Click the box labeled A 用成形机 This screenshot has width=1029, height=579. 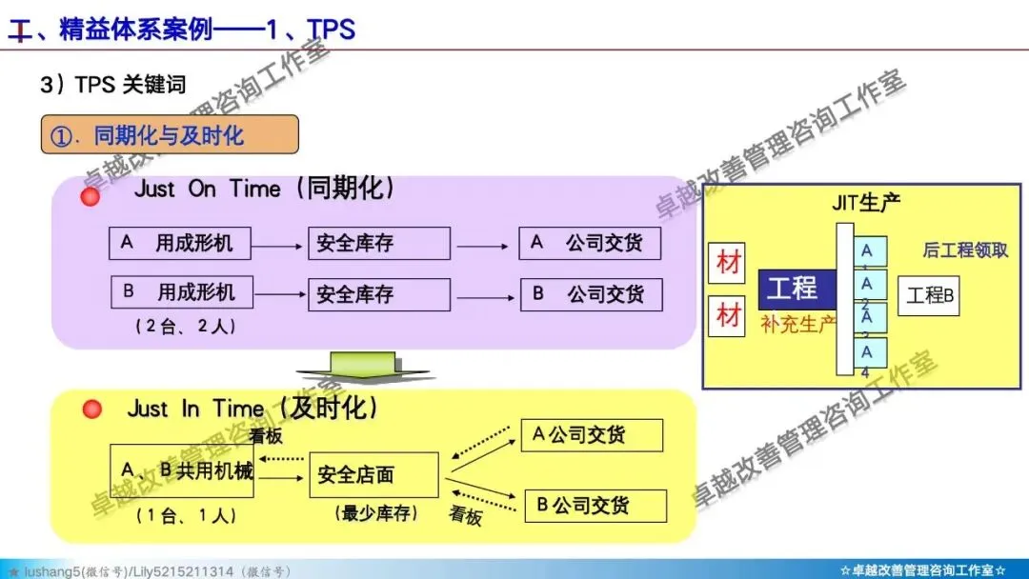(180, 244)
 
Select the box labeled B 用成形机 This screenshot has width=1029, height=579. (182, 292)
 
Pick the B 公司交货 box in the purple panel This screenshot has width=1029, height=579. (591, 294)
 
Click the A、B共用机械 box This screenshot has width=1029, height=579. (182, 470)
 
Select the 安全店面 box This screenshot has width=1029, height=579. (373, 474)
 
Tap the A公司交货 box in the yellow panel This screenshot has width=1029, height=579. (591, 436)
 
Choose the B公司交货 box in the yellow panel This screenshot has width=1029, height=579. (595, 506)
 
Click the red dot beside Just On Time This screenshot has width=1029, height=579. (91, 197)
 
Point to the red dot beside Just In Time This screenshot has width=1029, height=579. (91, 409)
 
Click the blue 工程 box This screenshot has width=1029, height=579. (797, 289)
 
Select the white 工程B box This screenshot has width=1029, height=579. (929, 295)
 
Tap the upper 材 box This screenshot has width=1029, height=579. (728, 264)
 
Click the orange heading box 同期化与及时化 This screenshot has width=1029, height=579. (170, 135)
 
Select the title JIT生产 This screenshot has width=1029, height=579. (865, 203)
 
